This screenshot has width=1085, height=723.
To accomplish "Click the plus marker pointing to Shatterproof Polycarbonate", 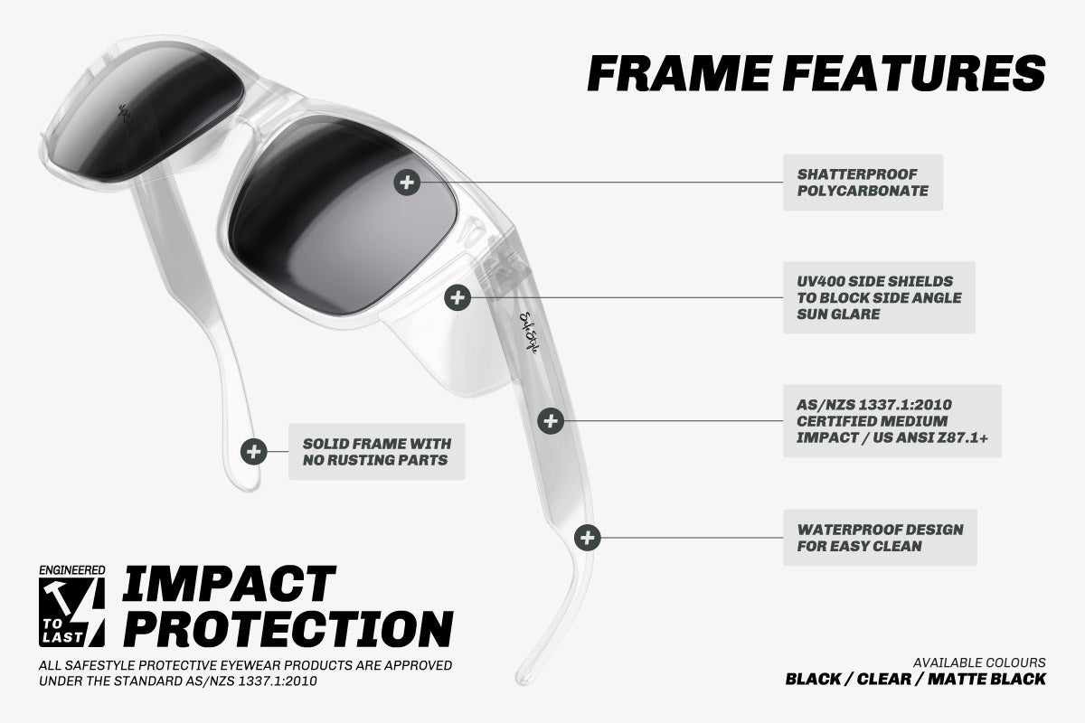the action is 407,183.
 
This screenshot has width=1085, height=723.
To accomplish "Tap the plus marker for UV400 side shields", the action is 458,297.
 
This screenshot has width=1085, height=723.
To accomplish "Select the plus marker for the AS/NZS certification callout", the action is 551,421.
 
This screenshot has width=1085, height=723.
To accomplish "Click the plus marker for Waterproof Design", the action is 588,538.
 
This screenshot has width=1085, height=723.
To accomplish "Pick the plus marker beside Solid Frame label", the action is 253,451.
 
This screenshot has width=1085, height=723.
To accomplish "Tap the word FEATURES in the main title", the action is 914,73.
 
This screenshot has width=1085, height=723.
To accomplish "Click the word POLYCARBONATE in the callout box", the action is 863,191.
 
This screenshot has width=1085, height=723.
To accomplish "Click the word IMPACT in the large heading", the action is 229,584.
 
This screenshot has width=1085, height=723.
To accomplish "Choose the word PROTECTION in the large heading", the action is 288,629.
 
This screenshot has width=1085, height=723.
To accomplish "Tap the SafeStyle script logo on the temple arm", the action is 528,333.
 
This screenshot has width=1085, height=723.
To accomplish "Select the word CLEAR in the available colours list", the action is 884,679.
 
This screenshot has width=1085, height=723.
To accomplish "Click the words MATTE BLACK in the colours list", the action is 986,679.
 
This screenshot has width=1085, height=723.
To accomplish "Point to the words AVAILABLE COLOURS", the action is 979,662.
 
